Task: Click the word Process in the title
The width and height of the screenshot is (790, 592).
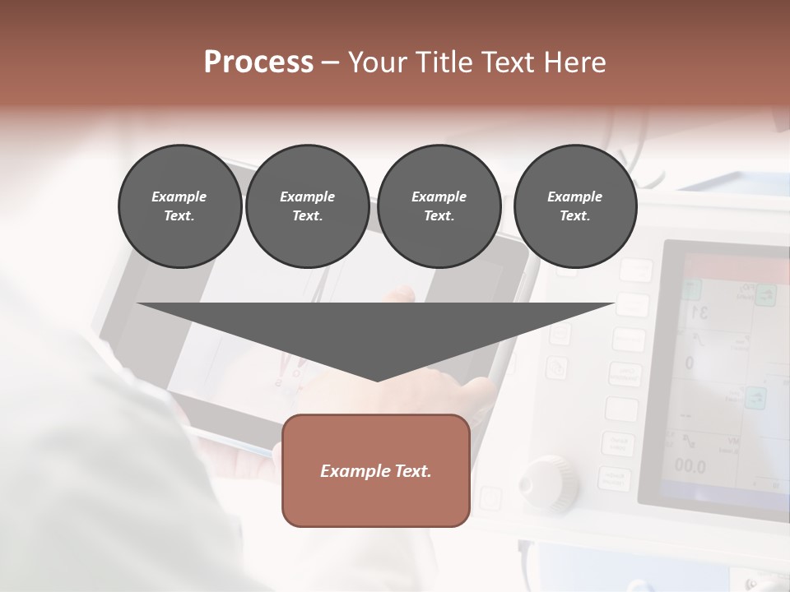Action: click(x=258, y=62)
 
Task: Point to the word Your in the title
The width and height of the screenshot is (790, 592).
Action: click(x=375, y=62)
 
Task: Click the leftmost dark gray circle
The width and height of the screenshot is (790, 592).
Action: click(x=179, y=206)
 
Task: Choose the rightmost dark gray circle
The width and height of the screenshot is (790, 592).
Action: click(x=575, y=206)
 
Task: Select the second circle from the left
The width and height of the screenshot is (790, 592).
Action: click(x=307, y=206)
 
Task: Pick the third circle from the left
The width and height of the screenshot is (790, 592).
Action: click(x=439, y=206)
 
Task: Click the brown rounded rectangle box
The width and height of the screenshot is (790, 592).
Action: click(x=376, y=470)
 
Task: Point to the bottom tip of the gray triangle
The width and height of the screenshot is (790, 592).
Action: click(x=377, y=380)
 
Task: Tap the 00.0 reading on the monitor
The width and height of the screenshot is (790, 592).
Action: click(x=690, y=466)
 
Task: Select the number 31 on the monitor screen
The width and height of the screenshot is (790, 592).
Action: click(x=699, y=312)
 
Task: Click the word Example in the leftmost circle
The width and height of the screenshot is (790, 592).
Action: click(x=179, y=197)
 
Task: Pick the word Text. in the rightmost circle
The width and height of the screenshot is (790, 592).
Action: click(x=575, y=215)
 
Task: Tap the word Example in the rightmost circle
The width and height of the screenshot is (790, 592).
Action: click(x=575, y=197)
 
